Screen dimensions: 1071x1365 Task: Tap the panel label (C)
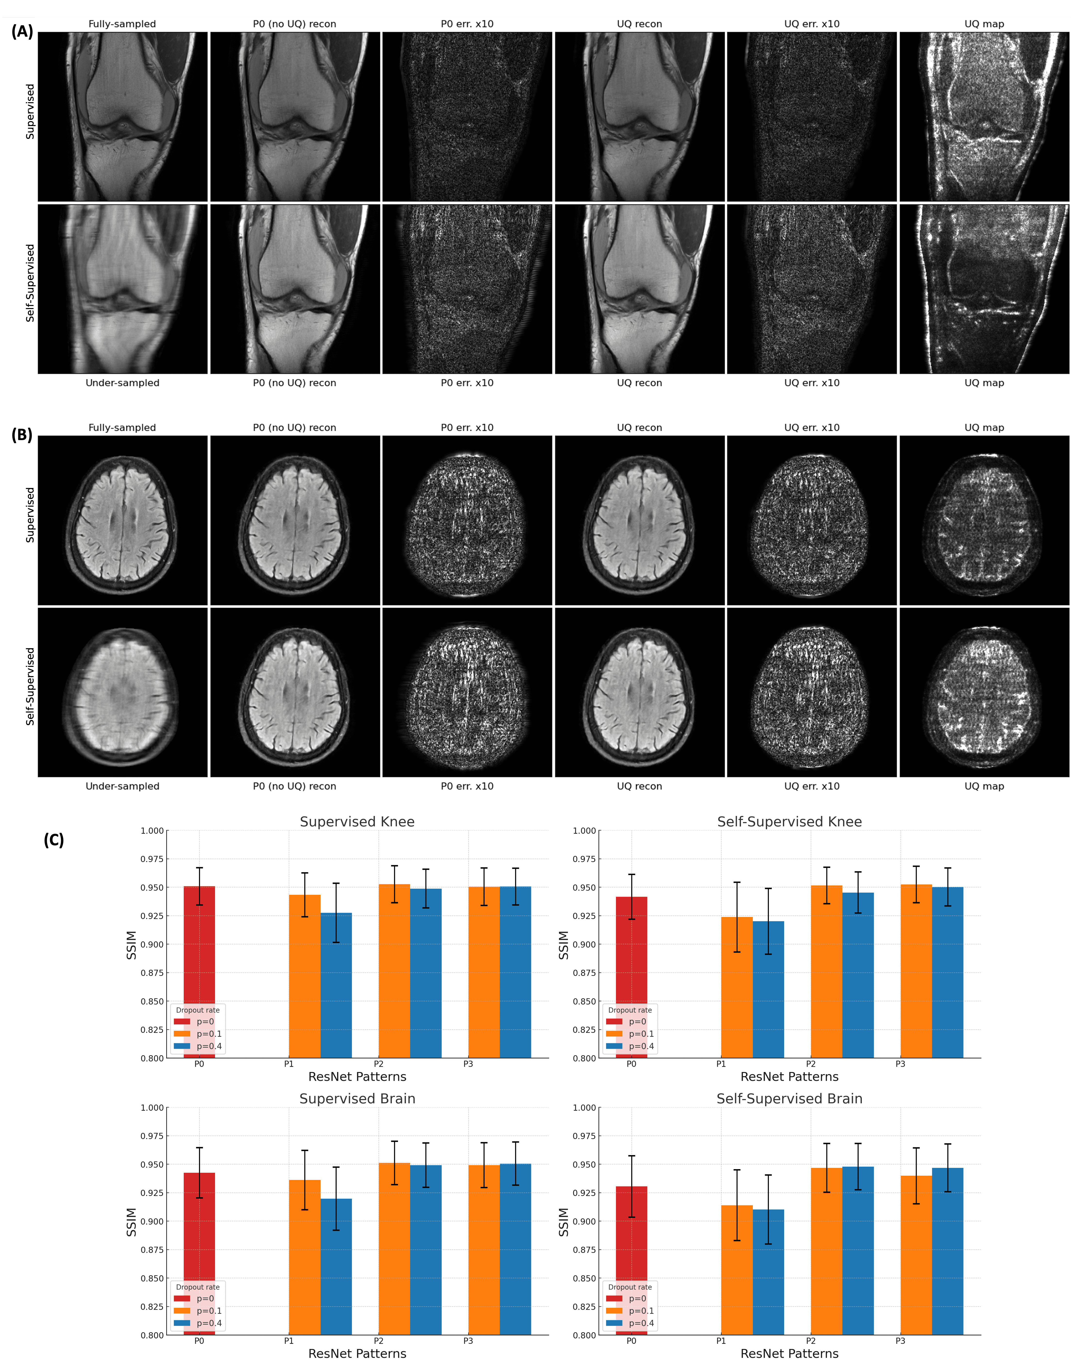pos(54,840)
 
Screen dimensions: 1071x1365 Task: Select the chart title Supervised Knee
pos(357,822)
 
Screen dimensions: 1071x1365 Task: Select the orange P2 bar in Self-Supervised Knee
pos(826,972)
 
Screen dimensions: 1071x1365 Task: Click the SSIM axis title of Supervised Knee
pos(131,945)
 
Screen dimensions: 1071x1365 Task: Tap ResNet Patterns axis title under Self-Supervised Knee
pos(789,1076)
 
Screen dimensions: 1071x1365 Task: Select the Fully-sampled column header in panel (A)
pos(122,24)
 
